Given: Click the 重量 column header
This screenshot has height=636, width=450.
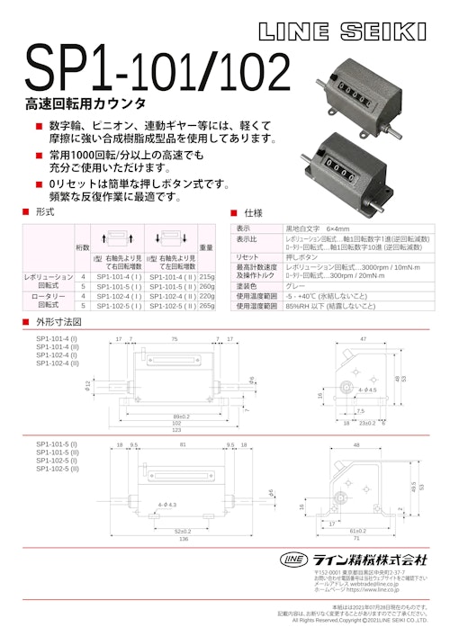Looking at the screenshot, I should [206, 246].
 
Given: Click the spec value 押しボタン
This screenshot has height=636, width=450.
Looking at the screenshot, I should [302, 256].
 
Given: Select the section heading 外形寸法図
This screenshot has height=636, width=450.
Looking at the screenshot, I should [58, 321].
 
